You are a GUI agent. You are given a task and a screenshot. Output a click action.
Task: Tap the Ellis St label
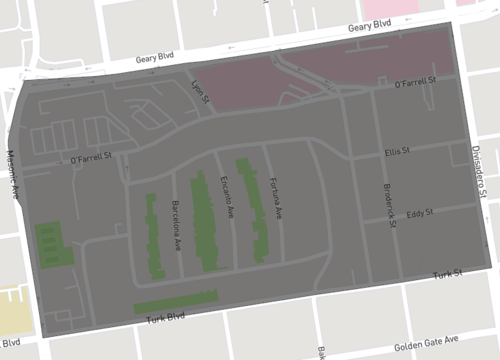[x=398, y=152]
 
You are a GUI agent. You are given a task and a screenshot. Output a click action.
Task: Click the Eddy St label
[x=420, y=213]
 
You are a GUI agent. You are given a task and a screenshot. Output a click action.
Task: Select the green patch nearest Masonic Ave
[x=49, y=244]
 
